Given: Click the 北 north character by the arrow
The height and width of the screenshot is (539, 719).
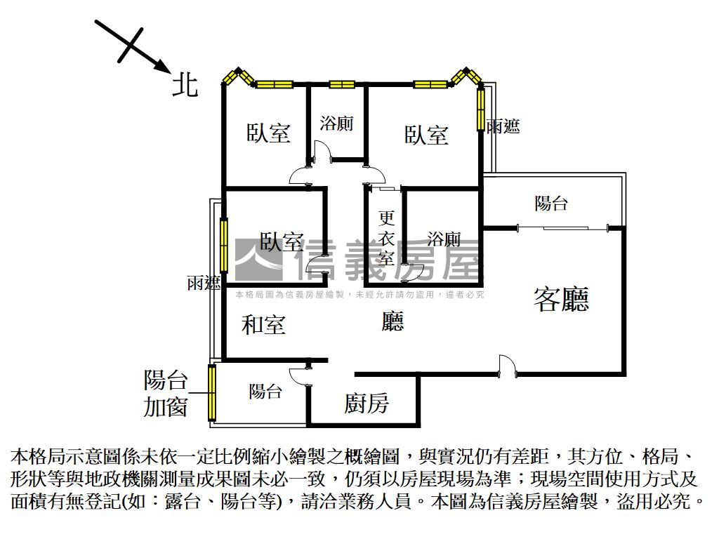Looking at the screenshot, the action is (x=185, y=85).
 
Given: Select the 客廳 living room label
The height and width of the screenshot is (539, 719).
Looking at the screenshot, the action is (x=561, y=299).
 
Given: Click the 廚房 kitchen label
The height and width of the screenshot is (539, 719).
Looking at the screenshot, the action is (x=367, y=403).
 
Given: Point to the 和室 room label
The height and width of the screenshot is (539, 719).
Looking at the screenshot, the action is (x=264, y=324).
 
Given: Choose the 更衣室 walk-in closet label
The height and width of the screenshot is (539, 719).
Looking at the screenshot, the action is (x=387, y=238).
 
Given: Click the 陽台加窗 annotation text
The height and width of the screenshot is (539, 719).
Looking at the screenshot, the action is (x=166, y=393).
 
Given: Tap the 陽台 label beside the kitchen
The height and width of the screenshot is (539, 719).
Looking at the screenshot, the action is (x=265, y=392).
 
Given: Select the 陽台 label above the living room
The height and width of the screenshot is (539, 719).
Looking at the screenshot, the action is (x=551, y=203).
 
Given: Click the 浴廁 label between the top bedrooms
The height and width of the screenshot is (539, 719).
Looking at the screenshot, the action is (x=336, y=124).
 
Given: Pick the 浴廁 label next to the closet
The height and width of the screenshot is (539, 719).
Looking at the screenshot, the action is (x=444, y=239).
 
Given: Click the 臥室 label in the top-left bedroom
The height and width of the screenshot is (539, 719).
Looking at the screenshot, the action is (x=269, y=133).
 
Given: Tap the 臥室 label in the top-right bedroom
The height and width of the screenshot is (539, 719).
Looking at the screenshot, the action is (x=426, y=135).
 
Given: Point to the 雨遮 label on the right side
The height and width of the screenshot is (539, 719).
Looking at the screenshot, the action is (x=503, y=126).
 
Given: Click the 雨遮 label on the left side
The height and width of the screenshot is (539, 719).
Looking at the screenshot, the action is (x=204, y=283).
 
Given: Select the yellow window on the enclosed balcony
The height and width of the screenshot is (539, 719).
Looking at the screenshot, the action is (x=212, y=393).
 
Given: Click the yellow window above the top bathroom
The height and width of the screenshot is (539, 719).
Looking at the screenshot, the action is (x=342, y=84).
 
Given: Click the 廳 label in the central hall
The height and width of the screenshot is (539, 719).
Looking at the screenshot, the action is (x=393, y=321).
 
